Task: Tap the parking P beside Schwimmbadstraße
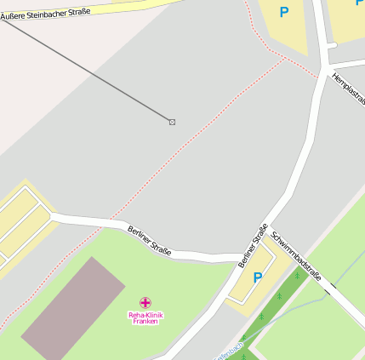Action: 257,277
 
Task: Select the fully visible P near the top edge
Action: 284,12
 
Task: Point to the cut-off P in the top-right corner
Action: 359,3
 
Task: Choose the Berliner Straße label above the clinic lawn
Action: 150,241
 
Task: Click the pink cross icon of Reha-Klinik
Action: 145,302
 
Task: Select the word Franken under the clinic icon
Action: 145,322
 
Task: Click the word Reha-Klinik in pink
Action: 145,315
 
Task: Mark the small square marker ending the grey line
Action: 172,123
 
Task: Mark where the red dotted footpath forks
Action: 285,60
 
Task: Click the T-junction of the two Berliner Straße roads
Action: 241,256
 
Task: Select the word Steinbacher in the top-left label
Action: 50,12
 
